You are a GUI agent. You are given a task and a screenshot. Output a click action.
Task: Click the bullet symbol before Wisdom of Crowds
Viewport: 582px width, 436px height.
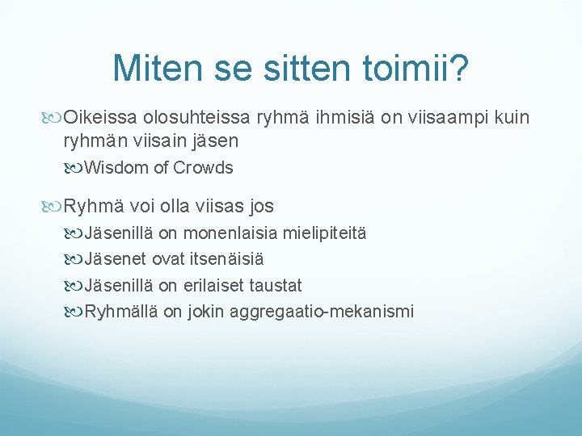coord(74,168)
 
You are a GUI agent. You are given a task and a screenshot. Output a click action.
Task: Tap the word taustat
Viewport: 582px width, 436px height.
coord(277,285)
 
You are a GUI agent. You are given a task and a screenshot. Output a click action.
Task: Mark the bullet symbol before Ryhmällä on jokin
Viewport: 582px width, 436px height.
coord(74,311)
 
